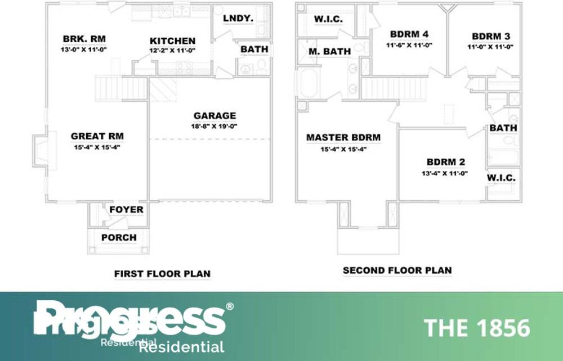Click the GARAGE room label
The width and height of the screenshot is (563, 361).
click(x=215, y=116)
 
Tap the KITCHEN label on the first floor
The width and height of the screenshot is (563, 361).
click(x=172, y=41)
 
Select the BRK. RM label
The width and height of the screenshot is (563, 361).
click(x=84, y=39)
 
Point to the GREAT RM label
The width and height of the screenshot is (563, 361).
click(x=97, y=136)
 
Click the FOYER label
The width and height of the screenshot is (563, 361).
click(x=126, y=210)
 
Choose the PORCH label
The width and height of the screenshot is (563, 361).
click(x=119, y=237)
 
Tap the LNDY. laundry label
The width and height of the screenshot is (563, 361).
click(x=238, y=19)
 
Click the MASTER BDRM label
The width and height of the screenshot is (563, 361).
click(x=343, y=138)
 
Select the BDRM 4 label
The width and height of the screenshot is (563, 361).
click(x=409, y=34)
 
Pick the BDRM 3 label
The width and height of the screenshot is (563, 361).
click(x=491, y=37)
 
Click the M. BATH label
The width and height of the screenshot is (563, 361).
click(x=329, y=51)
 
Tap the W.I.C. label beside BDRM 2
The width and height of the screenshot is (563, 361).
click(x=501, y=178)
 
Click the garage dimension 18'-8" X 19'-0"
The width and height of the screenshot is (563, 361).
click(x=215, y=127)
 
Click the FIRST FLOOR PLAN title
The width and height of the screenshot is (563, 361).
click(x=162, y=274)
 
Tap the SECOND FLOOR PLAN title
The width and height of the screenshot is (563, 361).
click(x=397, y=270)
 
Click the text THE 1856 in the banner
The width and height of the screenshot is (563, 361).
click(x=476, y=328)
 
